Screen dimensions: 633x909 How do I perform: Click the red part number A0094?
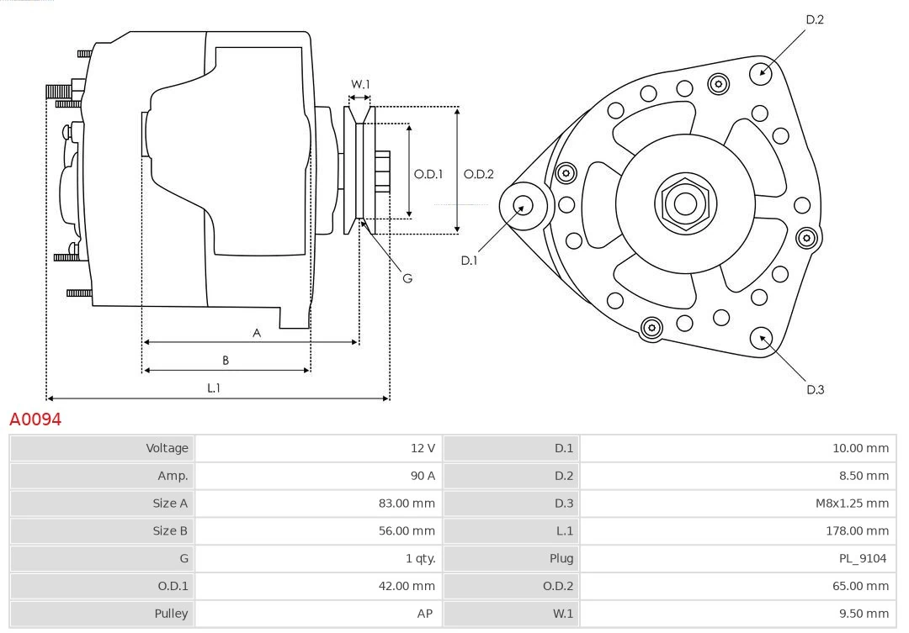click(35, 419)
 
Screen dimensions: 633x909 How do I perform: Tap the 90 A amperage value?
click(423, 476)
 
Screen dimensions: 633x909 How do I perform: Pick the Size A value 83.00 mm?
click(407, 504)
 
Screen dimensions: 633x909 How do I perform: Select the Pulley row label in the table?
click(171, 614)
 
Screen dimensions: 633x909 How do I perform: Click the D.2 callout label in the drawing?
click(815, 19)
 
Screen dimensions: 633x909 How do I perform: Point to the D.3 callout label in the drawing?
click(815, 389)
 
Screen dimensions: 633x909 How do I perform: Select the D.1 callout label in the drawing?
click(469, 261)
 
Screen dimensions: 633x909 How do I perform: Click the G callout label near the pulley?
click(407, 277)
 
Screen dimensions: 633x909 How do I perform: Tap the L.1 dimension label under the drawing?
click(214, 388)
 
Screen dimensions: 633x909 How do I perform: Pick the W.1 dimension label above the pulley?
click(360, 84)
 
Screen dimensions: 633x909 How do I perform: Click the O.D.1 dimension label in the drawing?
click(428, 174)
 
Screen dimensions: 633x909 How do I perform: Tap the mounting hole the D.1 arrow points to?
click(523, 204)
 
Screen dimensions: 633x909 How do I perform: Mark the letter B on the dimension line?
click(226, 360)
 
